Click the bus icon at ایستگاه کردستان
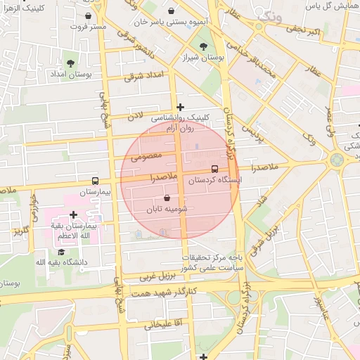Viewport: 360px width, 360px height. (214, 169)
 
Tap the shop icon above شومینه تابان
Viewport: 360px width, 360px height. (167, 199)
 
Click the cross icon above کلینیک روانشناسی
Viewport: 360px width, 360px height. (181, 108)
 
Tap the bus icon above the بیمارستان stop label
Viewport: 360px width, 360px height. (95, 181)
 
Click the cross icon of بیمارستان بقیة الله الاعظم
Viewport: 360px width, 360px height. (73, 214)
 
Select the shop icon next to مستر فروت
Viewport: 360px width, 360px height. (87, 15)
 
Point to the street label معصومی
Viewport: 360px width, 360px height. (147, 154)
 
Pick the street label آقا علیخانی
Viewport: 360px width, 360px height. (163, 325)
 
